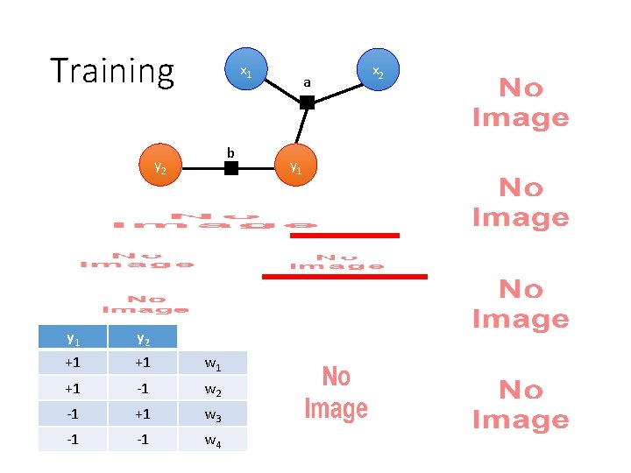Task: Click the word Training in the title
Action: click(x=112, y=71)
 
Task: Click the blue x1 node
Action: click(x=246, y=72)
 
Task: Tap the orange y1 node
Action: click(x=295, y=167)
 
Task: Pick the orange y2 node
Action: click(x=160, y=167)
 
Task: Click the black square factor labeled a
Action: click(x=307, y=102)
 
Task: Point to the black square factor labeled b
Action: click(x=230, y=167)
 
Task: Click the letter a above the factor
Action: click(x=307, y=83)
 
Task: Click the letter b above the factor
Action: click(x=230, y=152)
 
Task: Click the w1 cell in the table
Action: click(x=212, y=363)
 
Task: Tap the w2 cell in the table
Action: click(x=212, y=388)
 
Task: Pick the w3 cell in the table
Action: click(x=212, y=413)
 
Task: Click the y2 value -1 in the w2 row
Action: click(x=142, y=388)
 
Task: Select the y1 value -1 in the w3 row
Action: click(x=72, y=413)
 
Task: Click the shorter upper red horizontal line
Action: click(x=344, y=235)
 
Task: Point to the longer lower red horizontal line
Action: click(x=344, y=277)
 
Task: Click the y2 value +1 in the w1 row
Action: click(x=142, y=363)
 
